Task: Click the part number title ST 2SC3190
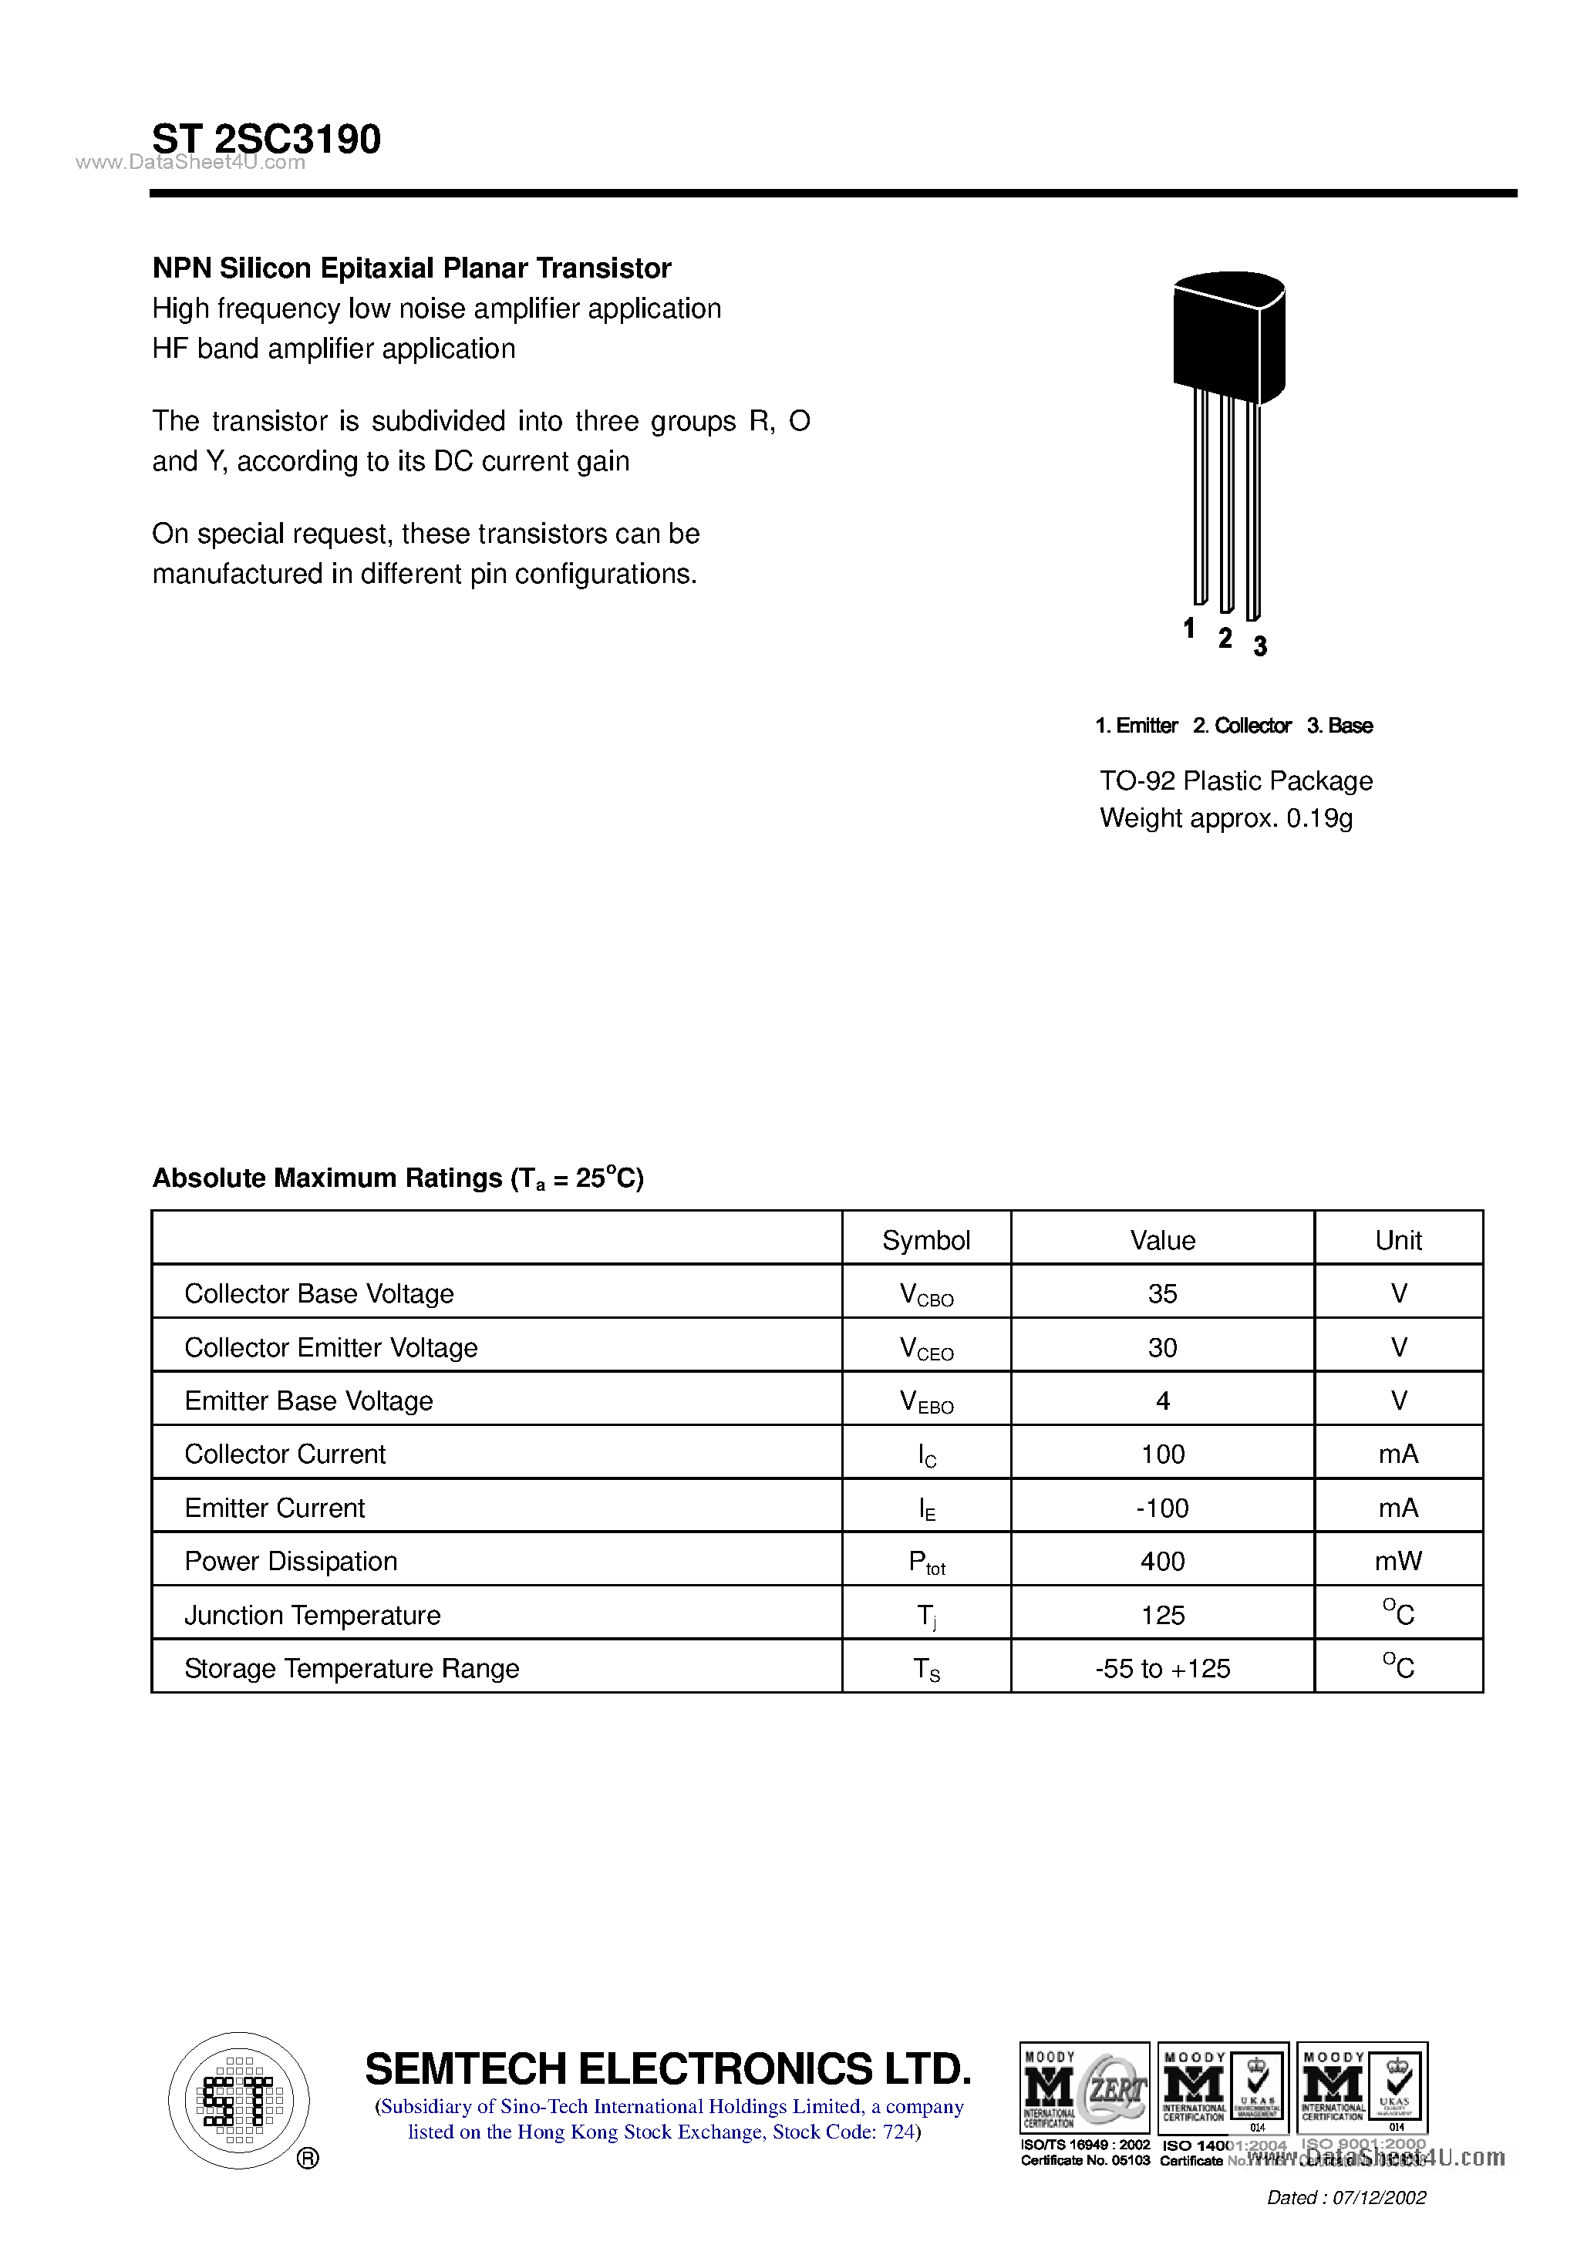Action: click(x=266, y=139)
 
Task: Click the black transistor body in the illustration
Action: click(x=1228, y=338)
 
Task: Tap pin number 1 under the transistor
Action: click(x=1188, y=628)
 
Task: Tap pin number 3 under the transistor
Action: click(x=1260, y=646)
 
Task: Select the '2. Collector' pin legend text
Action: click(x=1242, y=726)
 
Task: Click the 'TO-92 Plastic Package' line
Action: click(x=1235, y=780)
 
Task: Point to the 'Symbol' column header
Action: click(x=925, y=1240)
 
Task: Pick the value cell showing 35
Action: click(x=1162, y=1293)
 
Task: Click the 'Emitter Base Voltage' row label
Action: click(x=308, y=1401)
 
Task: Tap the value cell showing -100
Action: click(x=1162, y=1508)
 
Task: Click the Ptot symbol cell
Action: click(x=925, y=1562)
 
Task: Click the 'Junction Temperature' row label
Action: click(x=312, y=1615)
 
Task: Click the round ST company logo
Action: click(x=238, y=2100)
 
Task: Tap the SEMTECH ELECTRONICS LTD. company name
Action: click(x=668, y=2068)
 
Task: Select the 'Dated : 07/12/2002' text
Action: click(x=1346, y=2198)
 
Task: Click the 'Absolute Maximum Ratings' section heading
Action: click(x=398, y=1178)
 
